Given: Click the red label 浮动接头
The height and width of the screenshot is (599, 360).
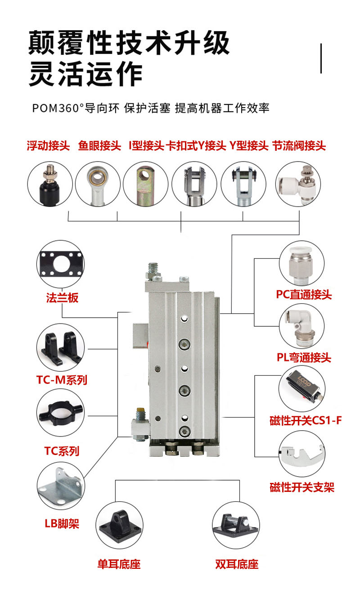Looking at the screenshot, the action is (x=48, y=146).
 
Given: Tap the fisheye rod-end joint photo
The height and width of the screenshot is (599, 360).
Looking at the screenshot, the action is (x=98, y=184).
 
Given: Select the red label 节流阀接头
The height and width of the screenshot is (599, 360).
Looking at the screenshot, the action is (x=299, y=146).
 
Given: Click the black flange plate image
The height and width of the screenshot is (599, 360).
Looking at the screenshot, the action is (x=61, y=264).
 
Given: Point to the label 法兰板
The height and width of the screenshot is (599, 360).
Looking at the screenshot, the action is (x=62, y=297).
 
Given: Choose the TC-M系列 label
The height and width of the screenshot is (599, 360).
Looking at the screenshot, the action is (x=62, y=380).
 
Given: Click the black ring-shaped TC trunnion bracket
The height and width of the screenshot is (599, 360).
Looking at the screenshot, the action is (x=61, y=413).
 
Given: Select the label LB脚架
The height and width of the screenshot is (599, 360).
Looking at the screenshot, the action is (x=62, y=523).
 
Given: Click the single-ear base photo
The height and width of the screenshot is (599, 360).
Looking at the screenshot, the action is (x=120, y=525).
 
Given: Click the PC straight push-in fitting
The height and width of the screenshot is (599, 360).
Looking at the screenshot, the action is (x=301, y=266).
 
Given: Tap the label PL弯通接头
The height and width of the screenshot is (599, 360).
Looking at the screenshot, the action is (x=304, y=357).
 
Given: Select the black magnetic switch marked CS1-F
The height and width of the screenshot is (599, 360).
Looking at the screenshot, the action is (x=304, y=386).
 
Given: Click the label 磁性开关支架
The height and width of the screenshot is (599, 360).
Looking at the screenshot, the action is (x=302, y=487).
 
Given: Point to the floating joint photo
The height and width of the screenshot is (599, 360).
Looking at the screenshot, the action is (x=50, y=184).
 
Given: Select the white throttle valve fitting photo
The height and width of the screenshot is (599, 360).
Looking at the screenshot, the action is (x=298, y=184).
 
